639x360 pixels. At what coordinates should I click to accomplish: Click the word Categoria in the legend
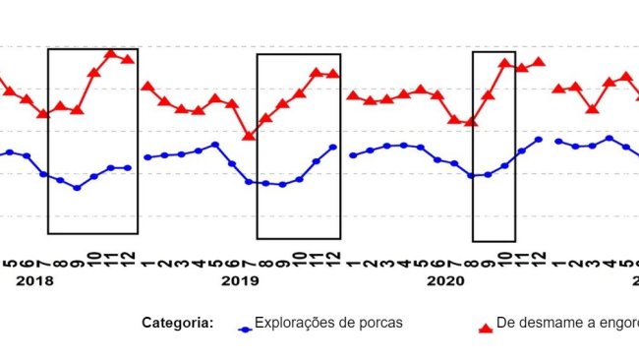tap(177, 323)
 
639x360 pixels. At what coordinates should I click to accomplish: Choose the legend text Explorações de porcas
tap(328, 323)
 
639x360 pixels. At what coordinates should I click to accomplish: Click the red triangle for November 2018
tap(111, 54)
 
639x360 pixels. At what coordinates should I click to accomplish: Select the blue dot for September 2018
tap(77, 188)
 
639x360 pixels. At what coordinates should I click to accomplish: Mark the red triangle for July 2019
tap(249, 136)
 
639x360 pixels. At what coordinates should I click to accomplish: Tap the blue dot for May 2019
tap(215, 145)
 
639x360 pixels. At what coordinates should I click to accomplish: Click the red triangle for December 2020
tap(539, 62)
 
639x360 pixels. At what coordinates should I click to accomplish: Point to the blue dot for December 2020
tap(539, 140)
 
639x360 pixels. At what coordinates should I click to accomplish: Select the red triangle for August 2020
tap(471, 122)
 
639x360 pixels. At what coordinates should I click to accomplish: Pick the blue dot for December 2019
tap(333, 148)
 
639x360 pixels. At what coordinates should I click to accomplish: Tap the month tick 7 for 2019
tap(249, 260)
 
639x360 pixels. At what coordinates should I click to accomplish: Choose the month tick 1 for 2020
tap(352, 260)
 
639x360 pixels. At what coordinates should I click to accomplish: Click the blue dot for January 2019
tap(147, 157)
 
